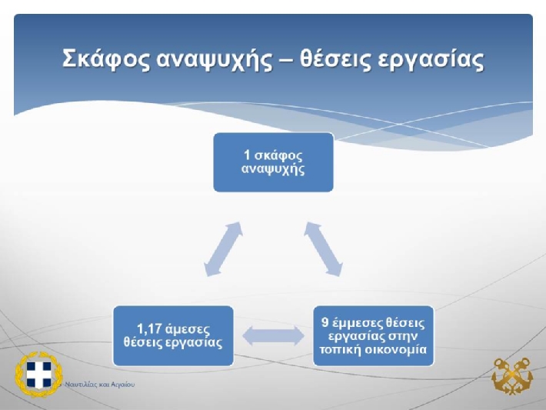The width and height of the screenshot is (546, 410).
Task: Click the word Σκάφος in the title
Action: [107, 58]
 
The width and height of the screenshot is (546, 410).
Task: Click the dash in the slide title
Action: [286, 60]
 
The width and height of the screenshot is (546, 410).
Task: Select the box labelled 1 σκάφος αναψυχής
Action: [273, 162]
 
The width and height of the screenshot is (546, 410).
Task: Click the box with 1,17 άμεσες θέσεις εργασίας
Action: [173, 336]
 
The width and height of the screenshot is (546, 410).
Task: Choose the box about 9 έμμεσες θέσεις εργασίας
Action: [373, 336]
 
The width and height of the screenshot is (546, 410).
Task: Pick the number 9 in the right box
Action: [325, 322]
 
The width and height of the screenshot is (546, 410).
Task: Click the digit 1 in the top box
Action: [247, 155]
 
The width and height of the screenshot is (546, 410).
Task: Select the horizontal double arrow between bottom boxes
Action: [273, 336]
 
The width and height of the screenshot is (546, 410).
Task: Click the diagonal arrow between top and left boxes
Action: [223, 249]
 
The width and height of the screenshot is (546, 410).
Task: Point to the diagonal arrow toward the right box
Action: [323, 249]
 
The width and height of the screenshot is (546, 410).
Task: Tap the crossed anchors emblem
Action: [512, 376]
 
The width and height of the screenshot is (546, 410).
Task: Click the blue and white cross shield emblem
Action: [38, 374]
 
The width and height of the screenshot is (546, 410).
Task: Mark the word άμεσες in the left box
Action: [188, 329]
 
